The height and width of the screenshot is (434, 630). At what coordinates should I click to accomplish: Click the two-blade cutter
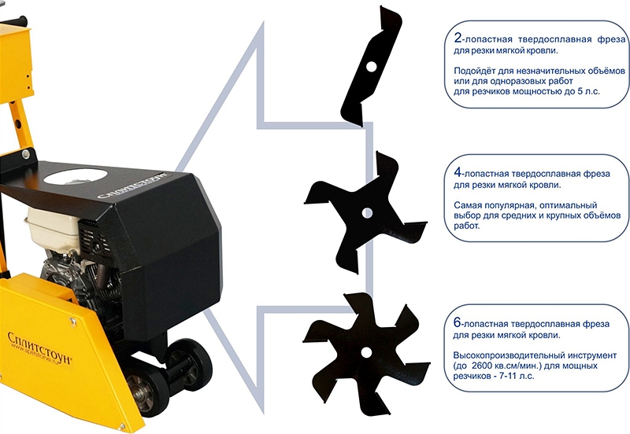pyautogui.click(x=371, y=67)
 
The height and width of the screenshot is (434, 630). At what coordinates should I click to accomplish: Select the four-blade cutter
pyautogui.click(x=366, y=213)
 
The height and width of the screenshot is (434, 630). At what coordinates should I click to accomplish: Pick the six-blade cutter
pyautogui.click(x=366, y=352)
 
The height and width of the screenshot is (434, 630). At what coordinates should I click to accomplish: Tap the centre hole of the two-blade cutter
pyautogui.click(x=371, y=67)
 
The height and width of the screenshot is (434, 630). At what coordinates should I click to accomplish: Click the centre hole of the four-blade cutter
pyautogui.click(x=366, y=213)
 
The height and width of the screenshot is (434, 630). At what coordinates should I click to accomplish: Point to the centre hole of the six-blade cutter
pyautogui.click(x=366, y=352)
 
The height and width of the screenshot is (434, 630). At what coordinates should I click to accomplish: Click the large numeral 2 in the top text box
pyautogui.click(x=458, y=38)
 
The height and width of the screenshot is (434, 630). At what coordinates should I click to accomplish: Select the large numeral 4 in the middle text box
pyautogui.click(x=458, y=172)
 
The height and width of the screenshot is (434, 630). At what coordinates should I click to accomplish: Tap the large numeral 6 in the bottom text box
pyautogui.click(x=458, y=322)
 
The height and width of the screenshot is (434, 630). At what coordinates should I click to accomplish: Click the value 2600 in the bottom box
pyautogui.click(x=482, y=366)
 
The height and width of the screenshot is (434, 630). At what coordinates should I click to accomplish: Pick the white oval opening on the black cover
pyautogui.click(x=76, y=176)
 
